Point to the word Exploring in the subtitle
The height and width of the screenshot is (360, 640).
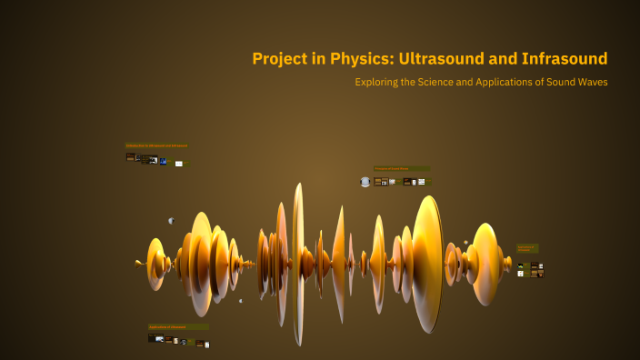click(382, 82)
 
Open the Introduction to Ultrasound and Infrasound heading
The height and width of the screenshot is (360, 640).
click(157, 145)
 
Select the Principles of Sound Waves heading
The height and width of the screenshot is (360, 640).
click(401, 168)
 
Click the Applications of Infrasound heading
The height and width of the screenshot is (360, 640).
click(527, 247)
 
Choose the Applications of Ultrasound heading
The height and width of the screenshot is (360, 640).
click(178, 326)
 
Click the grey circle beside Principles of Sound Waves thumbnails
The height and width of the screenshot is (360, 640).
click(365, 182)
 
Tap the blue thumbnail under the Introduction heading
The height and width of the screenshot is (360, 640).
click(163, 161)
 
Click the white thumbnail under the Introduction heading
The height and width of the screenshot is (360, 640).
click(179, 164)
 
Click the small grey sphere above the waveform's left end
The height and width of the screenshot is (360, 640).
click(170, 221)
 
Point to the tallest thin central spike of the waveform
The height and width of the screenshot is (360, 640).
click(297, 264)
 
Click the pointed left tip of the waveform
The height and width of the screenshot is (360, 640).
click(136, 264)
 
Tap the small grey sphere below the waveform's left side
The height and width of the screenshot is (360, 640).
click(240, 301)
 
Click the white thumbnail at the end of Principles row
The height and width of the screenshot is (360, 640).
click(421, 182)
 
